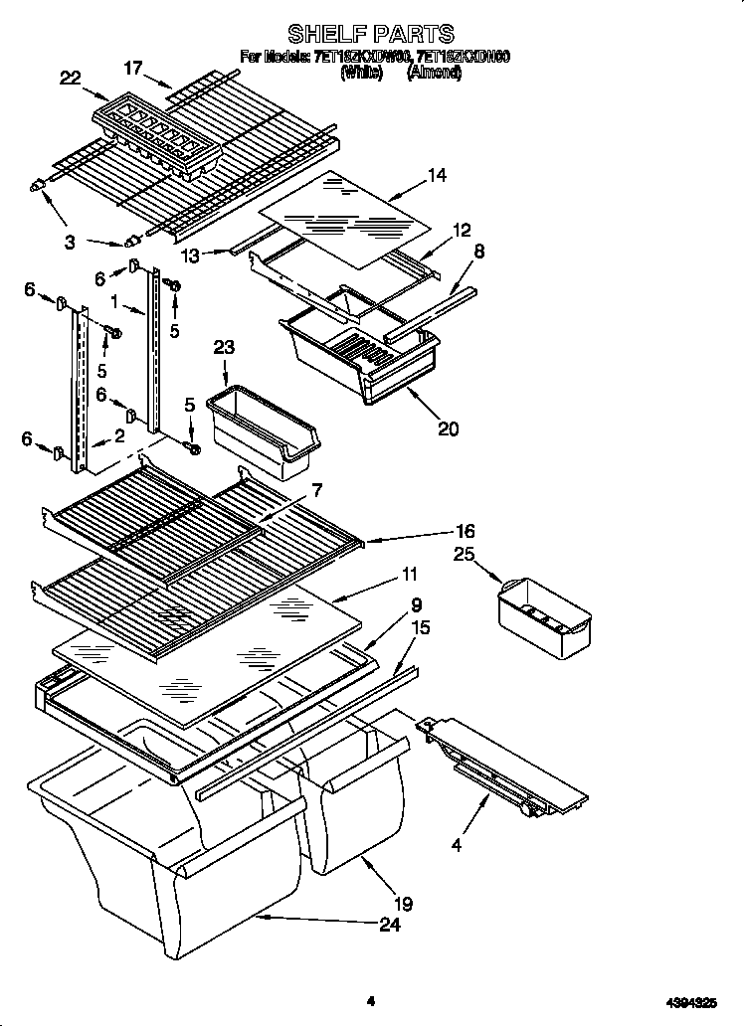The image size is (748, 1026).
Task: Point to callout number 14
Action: pyautogui.click(x=436, y=175)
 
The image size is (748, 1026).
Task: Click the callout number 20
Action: pyautogui.click(x=448, y=428)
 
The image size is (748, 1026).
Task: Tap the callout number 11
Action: pyautogui.click(x=409, y=574)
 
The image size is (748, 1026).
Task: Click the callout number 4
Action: pyautogui.click(x=457, y=846)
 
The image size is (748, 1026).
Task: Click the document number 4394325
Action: pyautogui.click(x=688, y=1002)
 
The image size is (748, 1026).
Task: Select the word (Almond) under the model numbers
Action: pyautogui.click(x=434, y=73)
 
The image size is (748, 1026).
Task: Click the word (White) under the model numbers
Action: pyautogui.click(x=361, y=73)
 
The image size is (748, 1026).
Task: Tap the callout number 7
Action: pyautogui.click(x=316, y=490)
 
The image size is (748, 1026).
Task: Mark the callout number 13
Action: pyautogui.click(x=190, y=256)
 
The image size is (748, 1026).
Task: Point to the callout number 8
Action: pyautogui.click(x=478, y=253)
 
